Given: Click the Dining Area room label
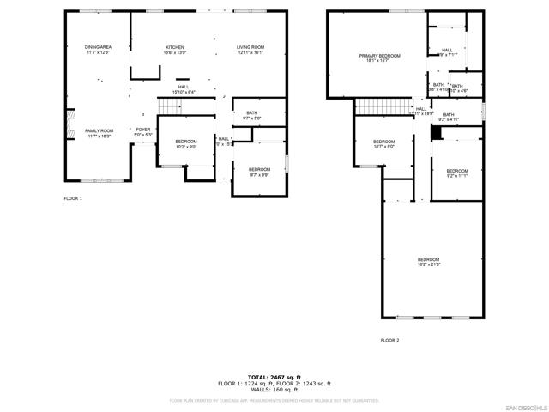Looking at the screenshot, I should (98, 49).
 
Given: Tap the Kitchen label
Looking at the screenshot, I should (175, 49).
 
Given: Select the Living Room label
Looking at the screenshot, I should (250, 49).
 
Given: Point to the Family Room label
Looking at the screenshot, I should (99, 133).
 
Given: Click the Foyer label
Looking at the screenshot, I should (142, 132).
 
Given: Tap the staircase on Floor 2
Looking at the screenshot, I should (383, 106).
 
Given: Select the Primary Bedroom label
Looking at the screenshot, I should (379, 58).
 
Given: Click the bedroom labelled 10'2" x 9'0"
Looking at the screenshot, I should (186, 143).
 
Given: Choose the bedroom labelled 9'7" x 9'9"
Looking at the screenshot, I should (259, 172).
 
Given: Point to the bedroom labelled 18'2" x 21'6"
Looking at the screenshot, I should (428, 262).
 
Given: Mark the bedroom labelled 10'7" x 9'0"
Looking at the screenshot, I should (383, 143).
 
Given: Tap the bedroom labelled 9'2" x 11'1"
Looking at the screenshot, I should (457, 173).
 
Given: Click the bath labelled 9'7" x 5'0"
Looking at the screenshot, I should (252, 115).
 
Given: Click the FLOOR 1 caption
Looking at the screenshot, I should (73, 198).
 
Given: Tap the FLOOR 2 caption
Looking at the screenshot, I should (389, 341).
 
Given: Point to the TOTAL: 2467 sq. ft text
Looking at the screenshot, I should (274, 377).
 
